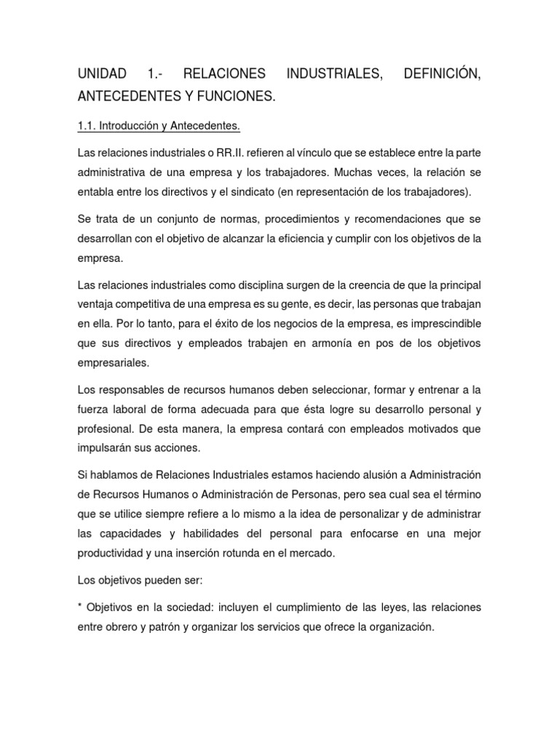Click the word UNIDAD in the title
click(x=101, y=74)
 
